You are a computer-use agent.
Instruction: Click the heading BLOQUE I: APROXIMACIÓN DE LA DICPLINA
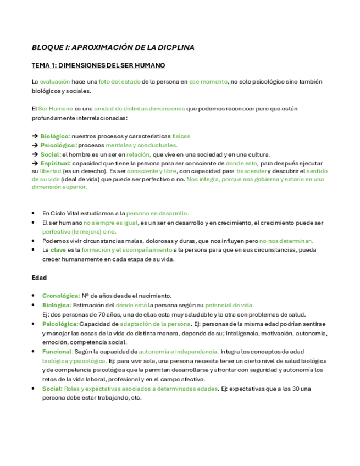[x=113, y=48]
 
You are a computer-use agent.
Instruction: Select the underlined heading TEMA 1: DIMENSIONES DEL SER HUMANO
[x=98, y=65]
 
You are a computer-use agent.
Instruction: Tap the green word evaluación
[x=55, y=81]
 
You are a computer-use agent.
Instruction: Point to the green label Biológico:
[x=55, y=136]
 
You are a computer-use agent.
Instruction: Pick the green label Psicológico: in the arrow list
[x=58, y=145]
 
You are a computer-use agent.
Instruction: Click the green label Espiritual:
[x=56, y=163]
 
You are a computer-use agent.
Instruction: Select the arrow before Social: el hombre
[x=35, y=154]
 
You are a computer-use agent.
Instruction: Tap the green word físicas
[x=181, y=136]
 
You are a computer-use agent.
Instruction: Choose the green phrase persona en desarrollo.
[x=157, y=213]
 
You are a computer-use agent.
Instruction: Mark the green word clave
[x=58, y=250]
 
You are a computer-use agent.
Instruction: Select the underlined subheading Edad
[x=39, y=278]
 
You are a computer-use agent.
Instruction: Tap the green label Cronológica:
[x=61, y=296]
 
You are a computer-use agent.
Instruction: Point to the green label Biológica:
[x=57, y=305]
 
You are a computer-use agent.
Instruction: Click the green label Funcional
[x=57, y=352]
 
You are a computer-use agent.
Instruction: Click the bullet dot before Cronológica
[x=35, y=296]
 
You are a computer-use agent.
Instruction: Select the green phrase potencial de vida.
[x=229, y=305]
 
